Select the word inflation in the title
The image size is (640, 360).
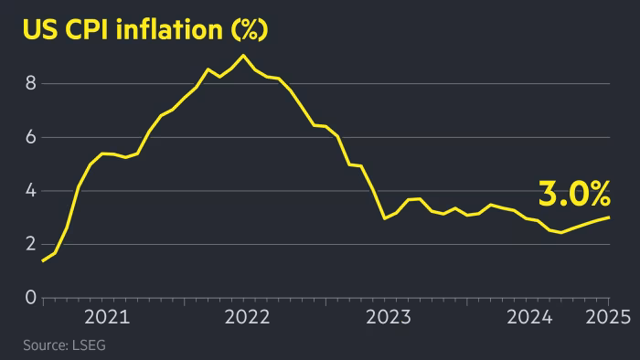pyautogui.click(x=171, y=29)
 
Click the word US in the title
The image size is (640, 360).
pyautogui.click(x=39, y=29)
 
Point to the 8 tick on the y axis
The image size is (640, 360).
pyautogui.click(x=30, y=83)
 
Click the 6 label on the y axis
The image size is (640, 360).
pyautogui.click(x=30, y=137)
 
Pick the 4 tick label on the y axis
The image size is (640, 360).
pyautogui.click(x=30, y=191)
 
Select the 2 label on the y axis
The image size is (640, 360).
pyautogui.click(x=30, y=244)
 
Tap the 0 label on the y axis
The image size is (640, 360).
pyautogui.click(x=30, y=298)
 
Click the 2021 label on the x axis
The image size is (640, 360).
pyautogui.click(x=107, y=318)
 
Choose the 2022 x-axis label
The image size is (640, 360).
pyautogui.click(x=248, y=318)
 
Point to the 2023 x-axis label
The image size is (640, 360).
pyautogui.click(x=389, y=318)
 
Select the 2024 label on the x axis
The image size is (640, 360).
pyautogui.click(x=529, y=318)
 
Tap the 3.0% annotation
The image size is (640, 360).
pyautogui.click(x=574, y=194)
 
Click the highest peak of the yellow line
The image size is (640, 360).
pyautogui.click(x=242, y=56)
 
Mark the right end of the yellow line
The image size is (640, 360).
pyautogui.click(x=610, y=217)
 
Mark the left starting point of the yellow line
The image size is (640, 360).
pyautogui.click(x=43, y=261)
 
